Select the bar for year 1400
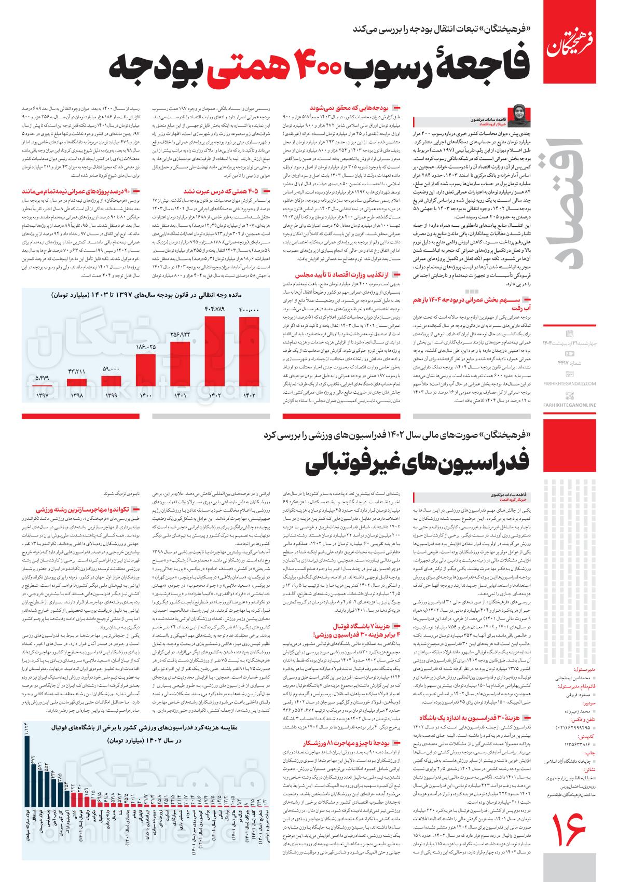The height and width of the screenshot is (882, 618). point(146,370)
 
